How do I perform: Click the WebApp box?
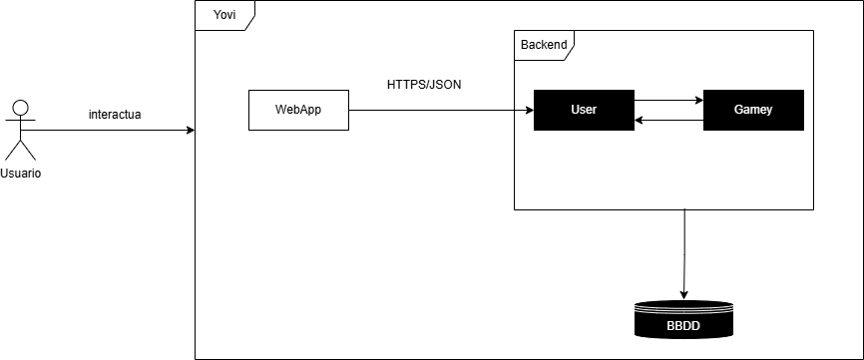coord(298,110)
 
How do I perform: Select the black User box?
coord(584,110)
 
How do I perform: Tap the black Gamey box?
coord(753,110)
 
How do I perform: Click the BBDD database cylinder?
coord(683,320)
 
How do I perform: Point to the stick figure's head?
coord(20,107)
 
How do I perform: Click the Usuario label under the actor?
coord(20,174)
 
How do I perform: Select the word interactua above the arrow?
coord(115,114)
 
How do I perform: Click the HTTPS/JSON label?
coord(424,84)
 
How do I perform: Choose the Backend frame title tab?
coord(544,44)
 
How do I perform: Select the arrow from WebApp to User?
coord(439,110)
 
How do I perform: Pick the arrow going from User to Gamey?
coord(668,100)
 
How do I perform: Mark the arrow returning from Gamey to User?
coord(668,120)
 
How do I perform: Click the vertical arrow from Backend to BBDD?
coord(683,249)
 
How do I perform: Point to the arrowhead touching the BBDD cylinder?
coord(683,294)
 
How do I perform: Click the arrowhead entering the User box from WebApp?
coord(528,110)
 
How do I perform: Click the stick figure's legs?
coord(20,150)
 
